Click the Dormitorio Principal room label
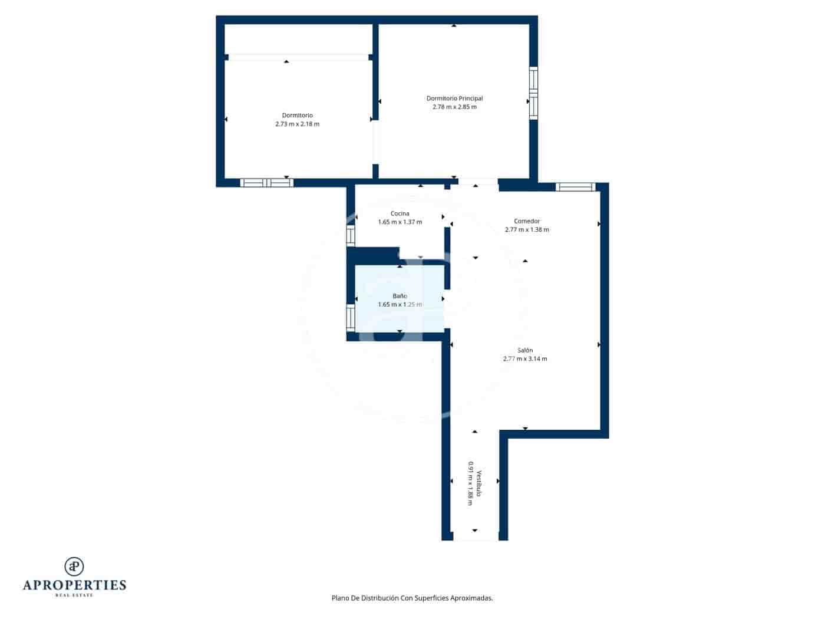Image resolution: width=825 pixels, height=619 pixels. [x=454, y=98]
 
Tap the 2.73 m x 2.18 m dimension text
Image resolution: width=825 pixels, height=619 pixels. [x=297, y=124]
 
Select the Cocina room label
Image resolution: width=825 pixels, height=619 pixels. [x=400, y=213]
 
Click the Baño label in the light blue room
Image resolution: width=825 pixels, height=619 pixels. [x=400, y=296]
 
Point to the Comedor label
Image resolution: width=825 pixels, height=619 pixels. [x=527, y=221]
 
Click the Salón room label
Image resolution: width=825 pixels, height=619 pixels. [x=525, y=350]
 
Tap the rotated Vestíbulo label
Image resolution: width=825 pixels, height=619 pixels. [x=480, y=483]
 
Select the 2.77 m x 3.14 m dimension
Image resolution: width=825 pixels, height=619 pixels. [x=525, y=358]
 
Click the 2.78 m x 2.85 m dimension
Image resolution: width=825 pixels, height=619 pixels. [x=454, y=107]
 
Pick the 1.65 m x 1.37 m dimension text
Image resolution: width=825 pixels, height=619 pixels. [x=400, y=222]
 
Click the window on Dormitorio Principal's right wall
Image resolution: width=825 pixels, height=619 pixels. [x=533, y=93]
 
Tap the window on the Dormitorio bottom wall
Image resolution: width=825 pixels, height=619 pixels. [x=266, y=183]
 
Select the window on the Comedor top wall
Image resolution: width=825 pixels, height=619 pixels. [x=576, y=187]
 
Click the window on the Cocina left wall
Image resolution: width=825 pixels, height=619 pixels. [x=351, y=235]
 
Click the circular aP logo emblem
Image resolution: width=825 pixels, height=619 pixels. [x=74, y=567]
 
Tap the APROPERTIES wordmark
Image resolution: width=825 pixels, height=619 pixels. [x=74, y=585]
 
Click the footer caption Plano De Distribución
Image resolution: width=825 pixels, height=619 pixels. [x=412, y=598]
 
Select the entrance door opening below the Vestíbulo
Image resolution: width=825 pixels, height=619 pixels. [x=475, y=536]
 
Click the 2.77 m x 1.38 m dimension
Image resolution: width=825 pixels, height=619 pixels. [x=527, y=230]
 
